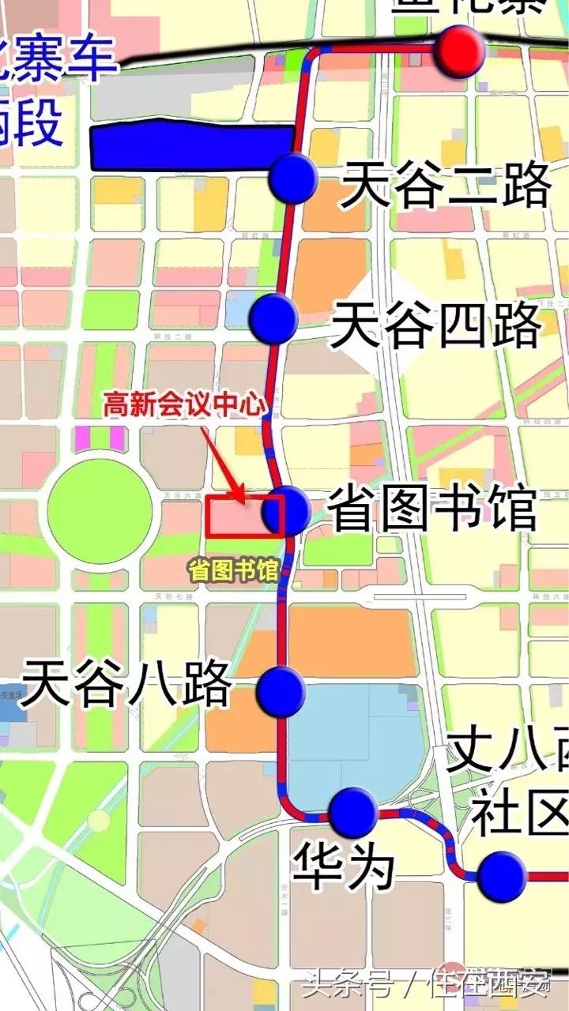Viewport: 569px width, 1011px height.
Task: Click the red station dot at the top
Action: point(461,51)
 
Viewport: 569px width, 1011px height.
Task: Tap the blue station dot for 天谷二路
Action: point(292,178)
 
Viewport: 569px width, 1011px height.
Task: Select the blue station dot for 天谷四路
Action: point(273,318)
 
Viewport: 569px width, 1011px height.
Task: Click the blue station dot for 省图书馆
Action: point(285,511)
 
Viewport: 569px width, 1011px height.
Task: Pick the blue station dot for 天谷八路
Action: point(281,691)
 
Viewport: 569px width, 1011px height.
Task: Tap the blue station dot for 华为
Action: point(352,812)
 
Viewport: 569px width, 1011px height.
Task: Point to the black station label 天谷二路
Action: point(445,186)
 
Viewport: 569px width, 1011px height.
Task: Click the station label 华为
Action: point(344,866)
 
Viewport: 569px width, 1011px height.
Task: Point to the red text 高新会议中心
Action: point(184,406)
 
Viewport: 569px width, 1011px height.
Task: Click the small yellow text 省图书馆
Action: point(233,569)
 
